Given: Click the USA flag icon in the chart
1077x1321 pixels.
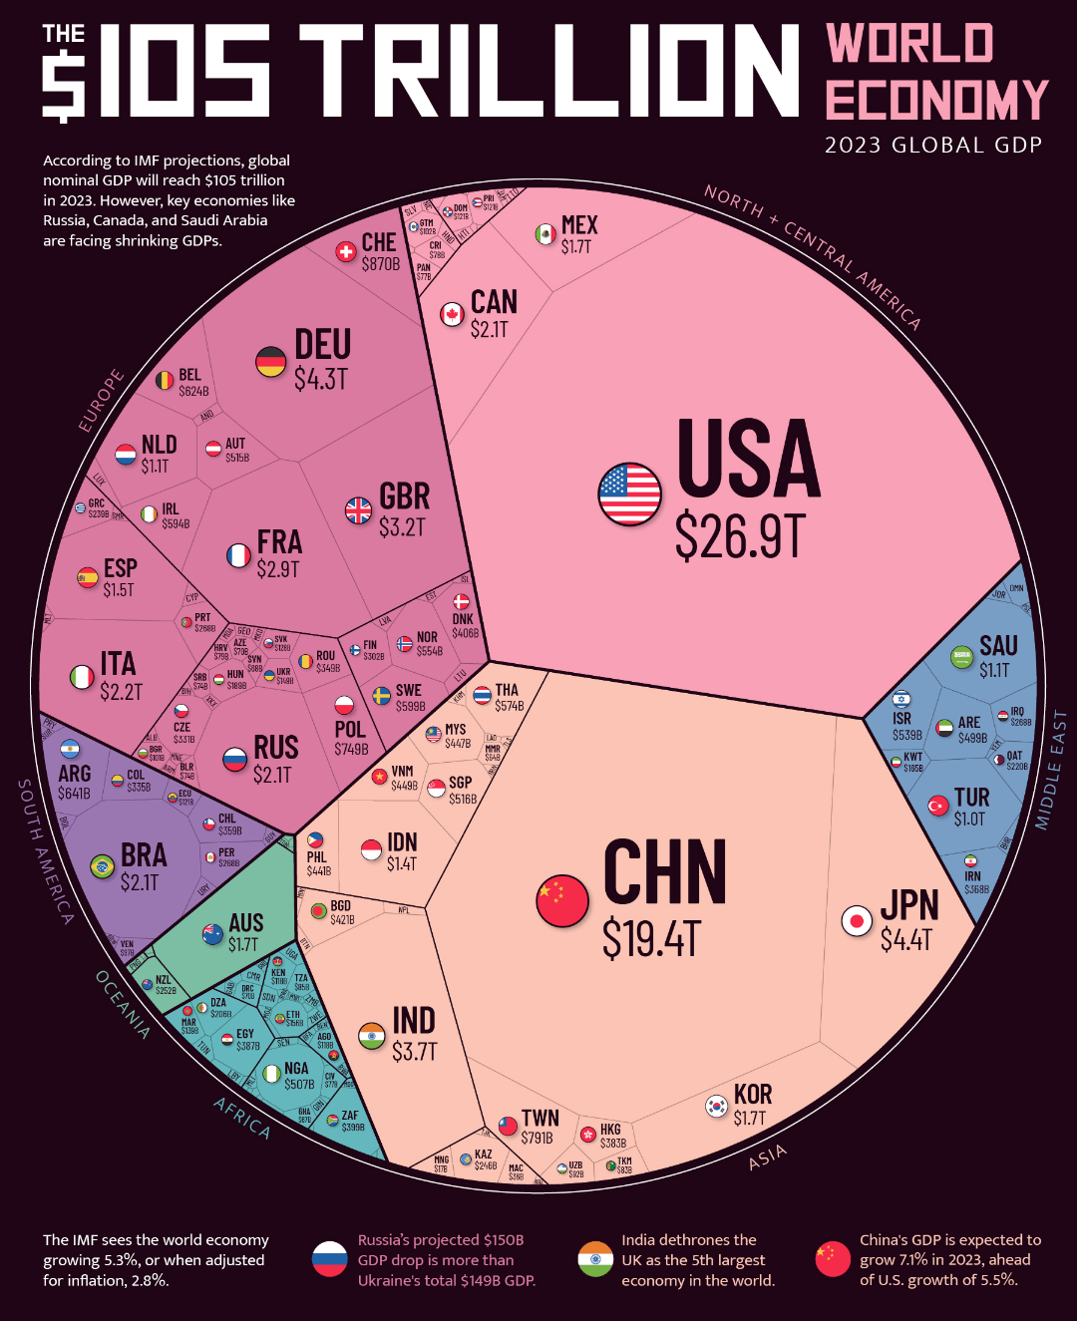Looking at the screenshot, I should [x=629, y=495].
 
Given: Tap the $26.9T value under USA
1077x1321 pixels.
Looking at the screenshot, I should [x=739, y=536].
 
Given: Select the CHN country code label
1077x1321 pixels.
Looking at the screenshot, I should [x=665, y=872].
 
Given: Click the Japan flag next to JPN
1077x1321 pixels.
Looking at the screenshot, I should [x=857, y=921].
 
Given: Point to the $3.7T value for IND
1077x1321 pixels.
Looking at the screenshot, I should [x=414, y=1052].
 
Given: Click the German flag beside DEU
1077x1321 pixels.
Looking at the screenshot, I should [x=271, y=362].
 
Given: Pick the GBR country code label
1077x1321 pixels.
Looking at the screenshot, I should [x=404, y=496].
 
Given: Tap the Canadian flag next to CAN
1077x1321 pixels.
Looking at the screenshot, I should [x=453, y=314].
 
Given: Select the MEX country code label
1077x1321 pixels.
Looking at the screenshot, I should [x=579, y=225].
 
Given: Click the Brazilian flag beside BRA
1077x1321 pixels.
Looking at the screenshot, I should [x=102, y=866].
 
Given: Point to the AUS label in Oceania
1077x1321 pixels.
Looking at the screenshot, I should [x=245, y=923].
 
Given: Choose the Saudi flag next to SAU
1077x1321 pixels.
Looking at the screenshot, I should [x=961, y=656].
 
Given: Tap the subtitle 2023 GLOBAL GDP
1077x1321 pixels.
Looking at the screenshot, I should [x=933, y=146].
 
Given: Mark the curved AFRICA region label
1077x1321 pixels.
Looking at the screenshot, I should [x=242, y=1118].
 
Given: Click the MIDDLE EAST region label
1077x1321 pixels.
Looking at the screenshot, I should [x=1051, y=770].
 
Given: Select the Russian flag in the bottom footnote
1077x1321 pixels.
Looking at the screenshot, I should [x=329, y=1259].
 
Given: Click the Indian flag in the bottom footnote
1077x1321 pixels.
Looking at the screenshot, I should [x=595, y=1259].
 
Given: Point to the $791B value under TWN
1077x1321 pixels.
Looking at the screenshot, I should [x=537, y=1138].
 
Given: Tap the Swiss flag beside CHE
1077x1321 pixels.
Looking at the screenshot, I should [x=346, y=252].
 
